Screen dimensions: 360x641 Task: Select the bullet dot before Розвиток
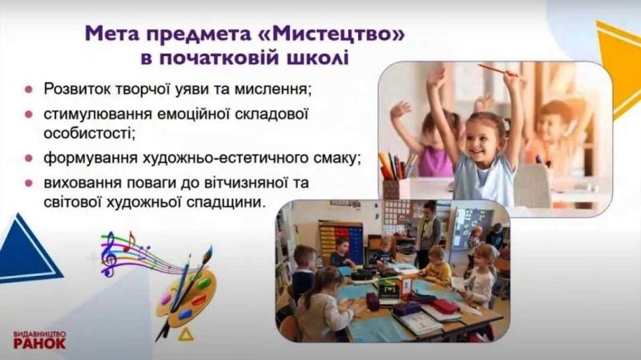[30, 89]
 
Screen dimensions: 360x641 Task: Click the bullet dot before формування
[30, 157]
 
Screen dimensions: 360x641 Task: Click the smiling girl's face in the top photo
[484, 131]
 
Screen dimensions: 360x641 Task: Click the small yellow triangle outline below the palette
[185, 332]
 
